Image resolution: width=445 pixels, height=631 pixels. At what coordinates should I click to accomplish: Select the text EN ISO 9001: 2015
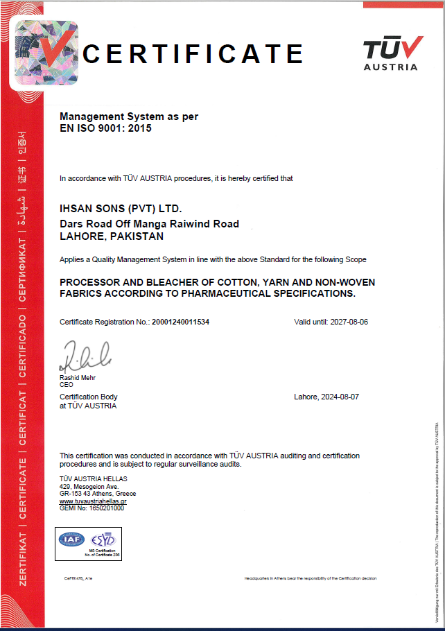[105, 128]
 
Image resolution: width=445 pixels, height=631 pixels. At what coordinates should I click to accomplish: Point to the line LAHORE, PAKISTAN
[112, 236]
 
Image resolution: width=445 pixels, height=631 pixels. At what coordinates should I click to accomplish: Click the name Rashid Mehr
[78, 378]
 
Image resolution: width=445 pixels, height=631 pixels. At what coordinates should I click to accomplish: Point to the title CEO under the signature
[67, 384]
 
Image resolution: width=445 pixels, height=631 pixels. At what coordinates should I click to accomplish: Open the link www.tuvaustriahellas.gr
[93, 501]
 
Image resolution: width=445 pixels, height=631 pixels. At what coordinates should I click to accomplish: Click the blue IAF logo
[71, 539]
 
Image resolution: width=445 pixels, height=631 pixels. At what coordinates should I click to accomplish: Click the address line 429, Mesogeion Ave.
[89, 487]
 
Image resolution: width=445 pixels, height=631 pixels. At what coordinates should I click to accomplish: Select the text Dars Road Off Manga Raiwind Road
[149, 224]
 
